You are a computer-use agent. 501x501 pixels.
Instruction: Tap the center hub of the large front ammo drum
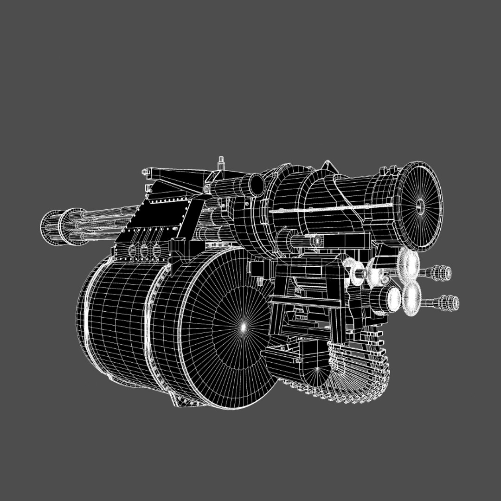(x=242, y=327)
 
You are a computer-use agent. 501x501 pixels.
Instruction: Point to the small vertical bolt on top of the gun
(x=221, y=163)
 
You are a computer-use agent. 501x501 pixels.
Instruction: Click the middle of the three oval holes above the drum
(x=144, y=251)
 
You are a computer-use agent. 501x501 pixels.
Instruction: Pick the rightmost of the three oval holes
(x=156, y=251)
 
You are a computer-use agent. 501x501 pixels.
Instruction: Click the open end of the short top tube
(x=256, y=185)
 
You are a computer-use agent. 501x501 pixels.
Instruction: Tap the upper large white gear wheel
(x=409, y=263)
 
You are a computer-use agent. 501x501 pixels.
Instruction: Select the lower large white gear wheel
(x=411, y=301)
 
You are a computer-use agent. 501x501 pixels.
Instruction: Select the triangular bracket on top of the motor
(x=328, y=167)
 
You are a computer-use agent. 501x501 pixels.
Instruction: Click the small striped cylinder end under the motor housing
(x=317, y=241)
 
